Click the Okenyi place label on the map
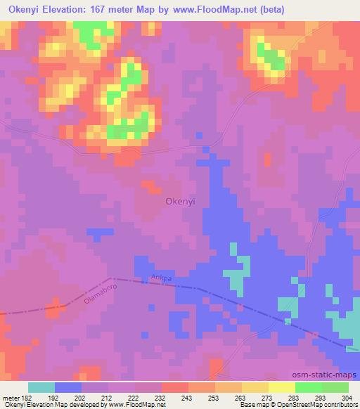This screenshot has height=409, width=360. (x=180, y=201)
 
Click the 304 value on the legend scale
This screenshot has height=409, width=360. (x=348, y=397)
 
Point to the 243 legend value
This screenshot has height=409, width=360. (x=187, y=397)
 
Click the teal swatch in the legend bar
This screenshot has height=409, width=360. (x=41, y=387)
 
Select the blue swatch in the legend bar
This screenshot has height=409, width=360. (x=68, y=387)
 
